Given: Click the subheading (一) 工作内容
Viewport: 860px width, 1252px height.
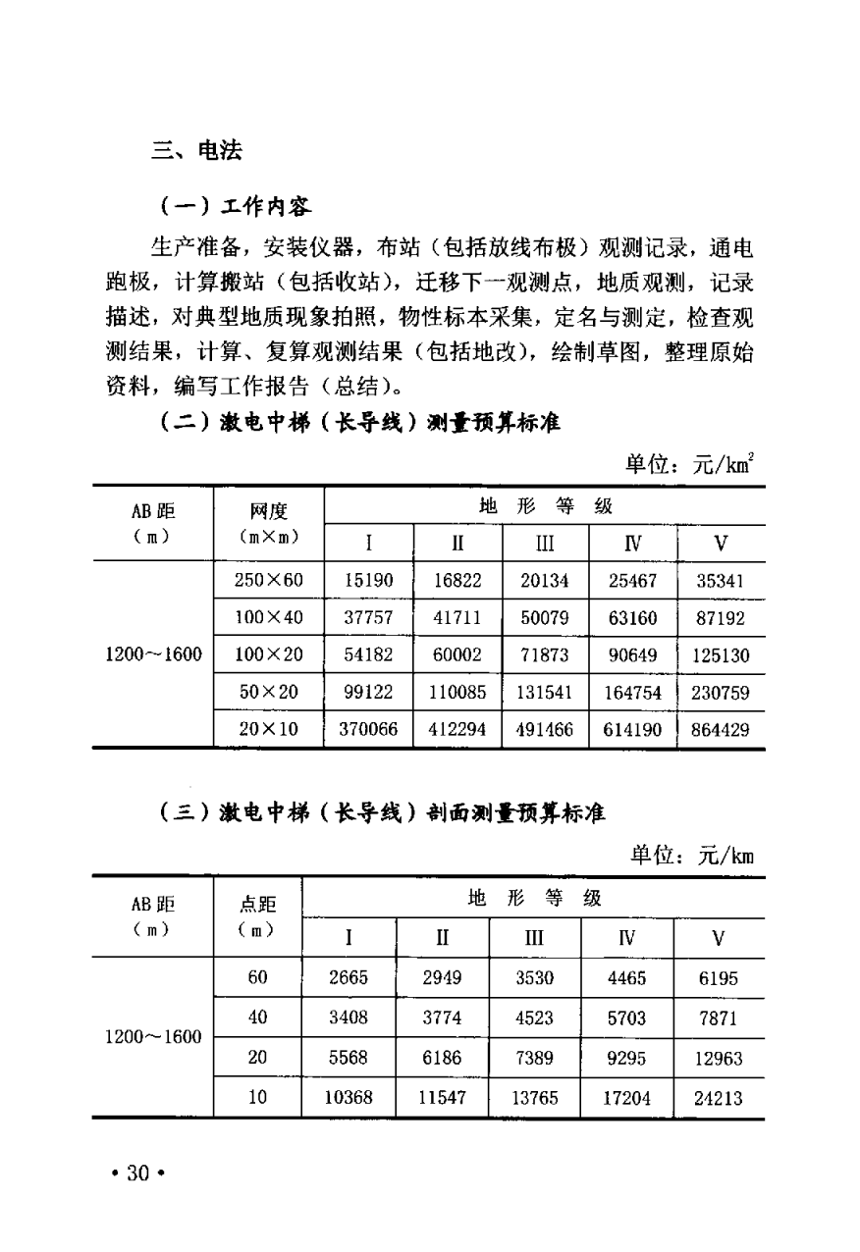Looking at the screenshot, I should pyautogui.click(x=235, y=206).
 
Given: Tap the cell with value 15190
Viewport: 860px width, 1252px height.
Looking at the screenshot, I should pyautogui.click(x=368, y=580).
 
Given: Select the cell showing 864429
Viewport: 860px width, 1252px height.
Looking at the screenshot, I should pyautogui.click(x=721, y=730).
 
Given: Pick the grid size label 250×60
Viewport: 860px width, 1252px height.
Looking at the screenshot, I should pyautogui.click(x=268, y=580).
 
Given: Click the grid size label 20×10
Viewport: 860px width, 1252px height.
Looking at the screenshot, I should pyautogui.click(x=268, y=730).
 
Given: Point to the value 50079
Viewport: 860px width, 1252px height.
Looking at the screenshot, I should pyautogui.click(x=545, y=618).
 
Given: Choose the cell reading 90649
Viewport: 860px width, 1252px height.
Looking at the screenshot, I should pyautogui.click(x=633, y=655).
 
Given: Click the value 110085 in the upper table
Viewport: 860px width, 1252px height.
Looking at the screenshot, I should pyautogui.click(x=457, y=693).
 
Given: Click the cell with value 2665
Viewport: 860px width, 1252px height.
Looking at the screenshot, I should pyautogui.click(x=349, y=978).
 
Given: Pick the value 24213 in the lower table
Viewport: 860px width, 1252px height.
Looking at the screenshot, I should pyautogui.click(x=719, y=1098).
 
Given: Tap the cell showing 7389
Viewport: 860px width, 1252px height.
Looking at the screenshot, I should pyautogui.click(x=534, y=1059).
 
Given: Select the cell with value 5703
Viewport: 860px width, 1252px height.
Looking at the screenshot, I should pyautogui.click(x=627, y=1018).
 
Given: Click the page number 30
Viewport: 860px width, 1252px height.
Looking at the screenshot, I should pyautogui.click(x=136, y=1174).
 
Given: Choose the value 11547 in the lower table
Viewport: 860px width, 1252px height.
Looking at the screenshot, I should pyautogui.click(x=442, y=1098).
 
